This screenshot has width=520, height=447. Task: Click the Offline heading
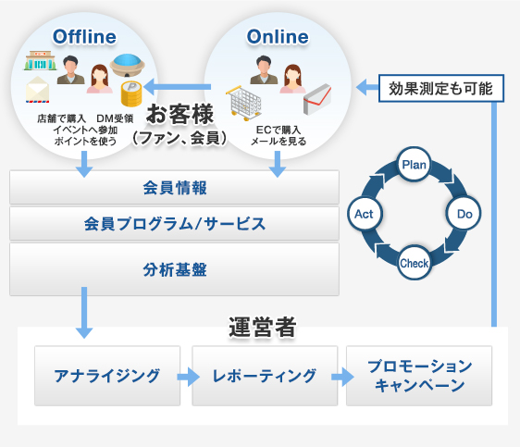(84, 36)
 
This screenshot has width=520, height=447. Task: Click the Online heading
(278, 36)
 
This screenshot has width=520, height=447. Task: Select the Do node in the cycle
(463, 213)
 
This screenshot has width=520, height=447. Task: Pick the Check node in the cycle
(413, 264)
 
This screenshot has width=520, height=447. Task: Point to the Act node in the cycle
(364, 214)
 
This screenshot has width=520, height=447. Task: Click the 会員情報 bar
(174, 188)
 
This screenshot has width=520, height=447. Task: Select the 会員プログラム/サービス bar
(174, 223)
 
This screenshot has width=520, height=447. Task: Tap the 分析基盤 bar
(174, 269)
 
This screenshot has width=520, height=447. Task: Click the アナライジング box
(106, 376)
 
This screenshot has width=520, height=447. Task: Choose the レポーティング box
(264, 376)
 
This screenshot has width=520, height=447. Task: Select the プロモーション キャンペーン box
(418, 376)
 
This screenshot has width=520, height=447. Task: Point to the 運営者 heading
(262, 326)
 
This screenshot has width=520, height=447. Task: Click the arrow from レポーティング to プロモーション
(341, 377)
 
